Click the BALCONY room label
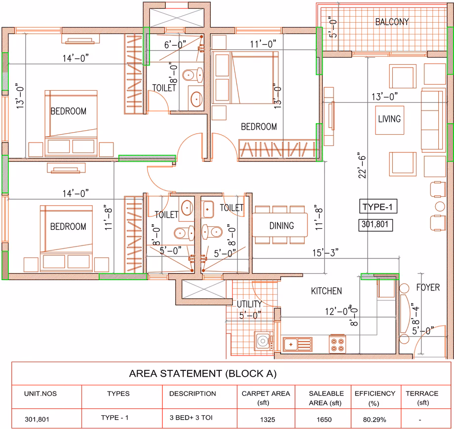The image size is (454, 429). pos(392,22)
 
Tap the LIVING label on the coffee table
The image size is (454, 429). pos(389,119)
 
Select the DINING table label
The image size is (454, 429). pos(281,226)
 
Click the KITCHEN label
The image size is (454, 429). pos(326,291)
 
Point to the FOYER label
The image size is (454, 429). pos(428,287)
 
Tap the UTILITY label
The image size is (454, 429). pos(249,304)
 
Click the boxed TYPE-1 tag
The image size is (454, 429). pos(378,207)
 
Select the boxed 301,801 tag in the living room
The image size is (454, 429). pos(375,224)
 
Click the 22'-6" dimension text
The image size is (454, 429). pos(362,165)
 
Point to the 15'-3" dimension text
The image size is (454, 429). pos(325,252)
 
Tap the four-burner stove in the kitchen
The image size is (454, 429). pos(338,344)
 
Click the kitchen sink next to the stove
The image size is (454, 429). pos(298,344)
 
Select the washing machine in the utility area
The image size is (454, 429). pos(264,341)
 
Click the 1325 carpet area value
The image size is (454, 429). pos(267,420)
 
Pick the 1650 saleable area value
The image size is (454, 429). pos(324,420)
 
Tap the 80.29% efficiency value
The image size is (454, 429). pos(375,420)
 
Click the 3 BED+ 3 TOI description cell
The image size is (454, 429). pos(191,418)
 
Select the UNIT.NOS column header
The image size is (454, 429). pos(40,393)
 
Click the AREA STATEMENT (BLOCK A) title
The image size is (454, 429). pos(203,374)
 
